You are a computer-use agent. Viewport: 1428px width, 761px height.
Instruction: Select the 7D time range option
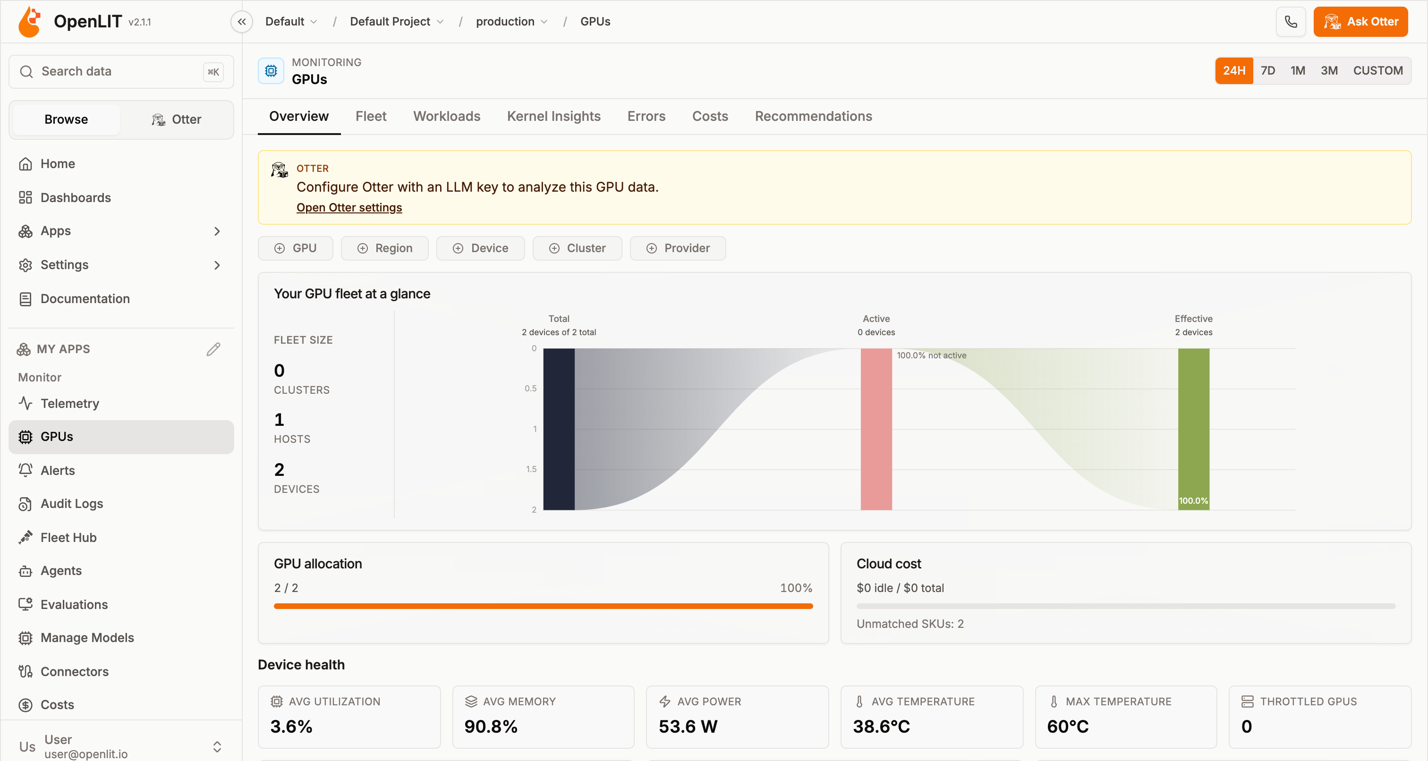pos(1268,70)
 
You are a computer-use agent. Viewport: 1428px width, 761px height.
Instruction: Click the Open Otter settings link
pos(349,207)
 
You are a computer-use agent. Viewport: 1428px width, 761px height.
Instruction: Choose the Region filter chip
pos(385,248)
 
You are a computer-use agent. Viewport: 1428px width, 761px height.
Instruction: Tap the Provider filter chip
pos(678,248)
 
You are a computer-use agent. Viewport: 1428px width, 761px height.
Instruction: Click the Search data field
pos(121,71)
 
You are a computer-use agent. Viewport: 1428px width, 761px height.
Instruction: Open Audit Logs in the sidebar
pos(71,503)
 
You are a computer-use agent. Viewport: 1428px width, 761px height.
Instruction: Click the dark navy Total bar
pos(559,429)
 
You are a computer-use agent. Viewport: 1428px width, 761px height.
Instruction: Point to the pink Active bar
pos(876,429)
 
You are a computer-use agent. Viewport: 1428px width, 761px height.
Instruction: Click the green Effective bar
pos(1193,429)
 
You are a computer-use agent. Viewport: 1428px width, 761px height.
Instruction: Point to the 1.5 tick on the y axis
pos(531,469)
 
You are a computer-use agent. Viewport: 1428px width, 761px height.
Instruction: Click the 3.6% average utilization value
pos(291,726)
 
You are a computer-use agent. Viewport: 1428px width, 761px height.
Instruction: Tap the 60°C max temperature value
pos(1068,726)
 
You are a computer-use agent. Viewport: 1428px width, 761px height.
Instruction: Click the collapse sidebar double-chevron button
pos(242,22)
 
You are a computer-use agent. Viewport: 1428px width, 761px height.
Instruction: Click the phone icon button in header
pos(1291,22)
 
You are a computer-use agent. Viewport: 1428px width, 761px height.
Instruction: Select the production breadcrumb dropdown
pos(511,22)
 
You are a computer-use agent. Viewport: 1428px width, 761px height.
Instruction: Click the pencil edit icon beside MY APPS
pos(213,349)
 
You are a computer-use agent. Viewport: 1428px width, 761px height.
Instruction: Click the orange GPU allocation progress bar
pos(543,606)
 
